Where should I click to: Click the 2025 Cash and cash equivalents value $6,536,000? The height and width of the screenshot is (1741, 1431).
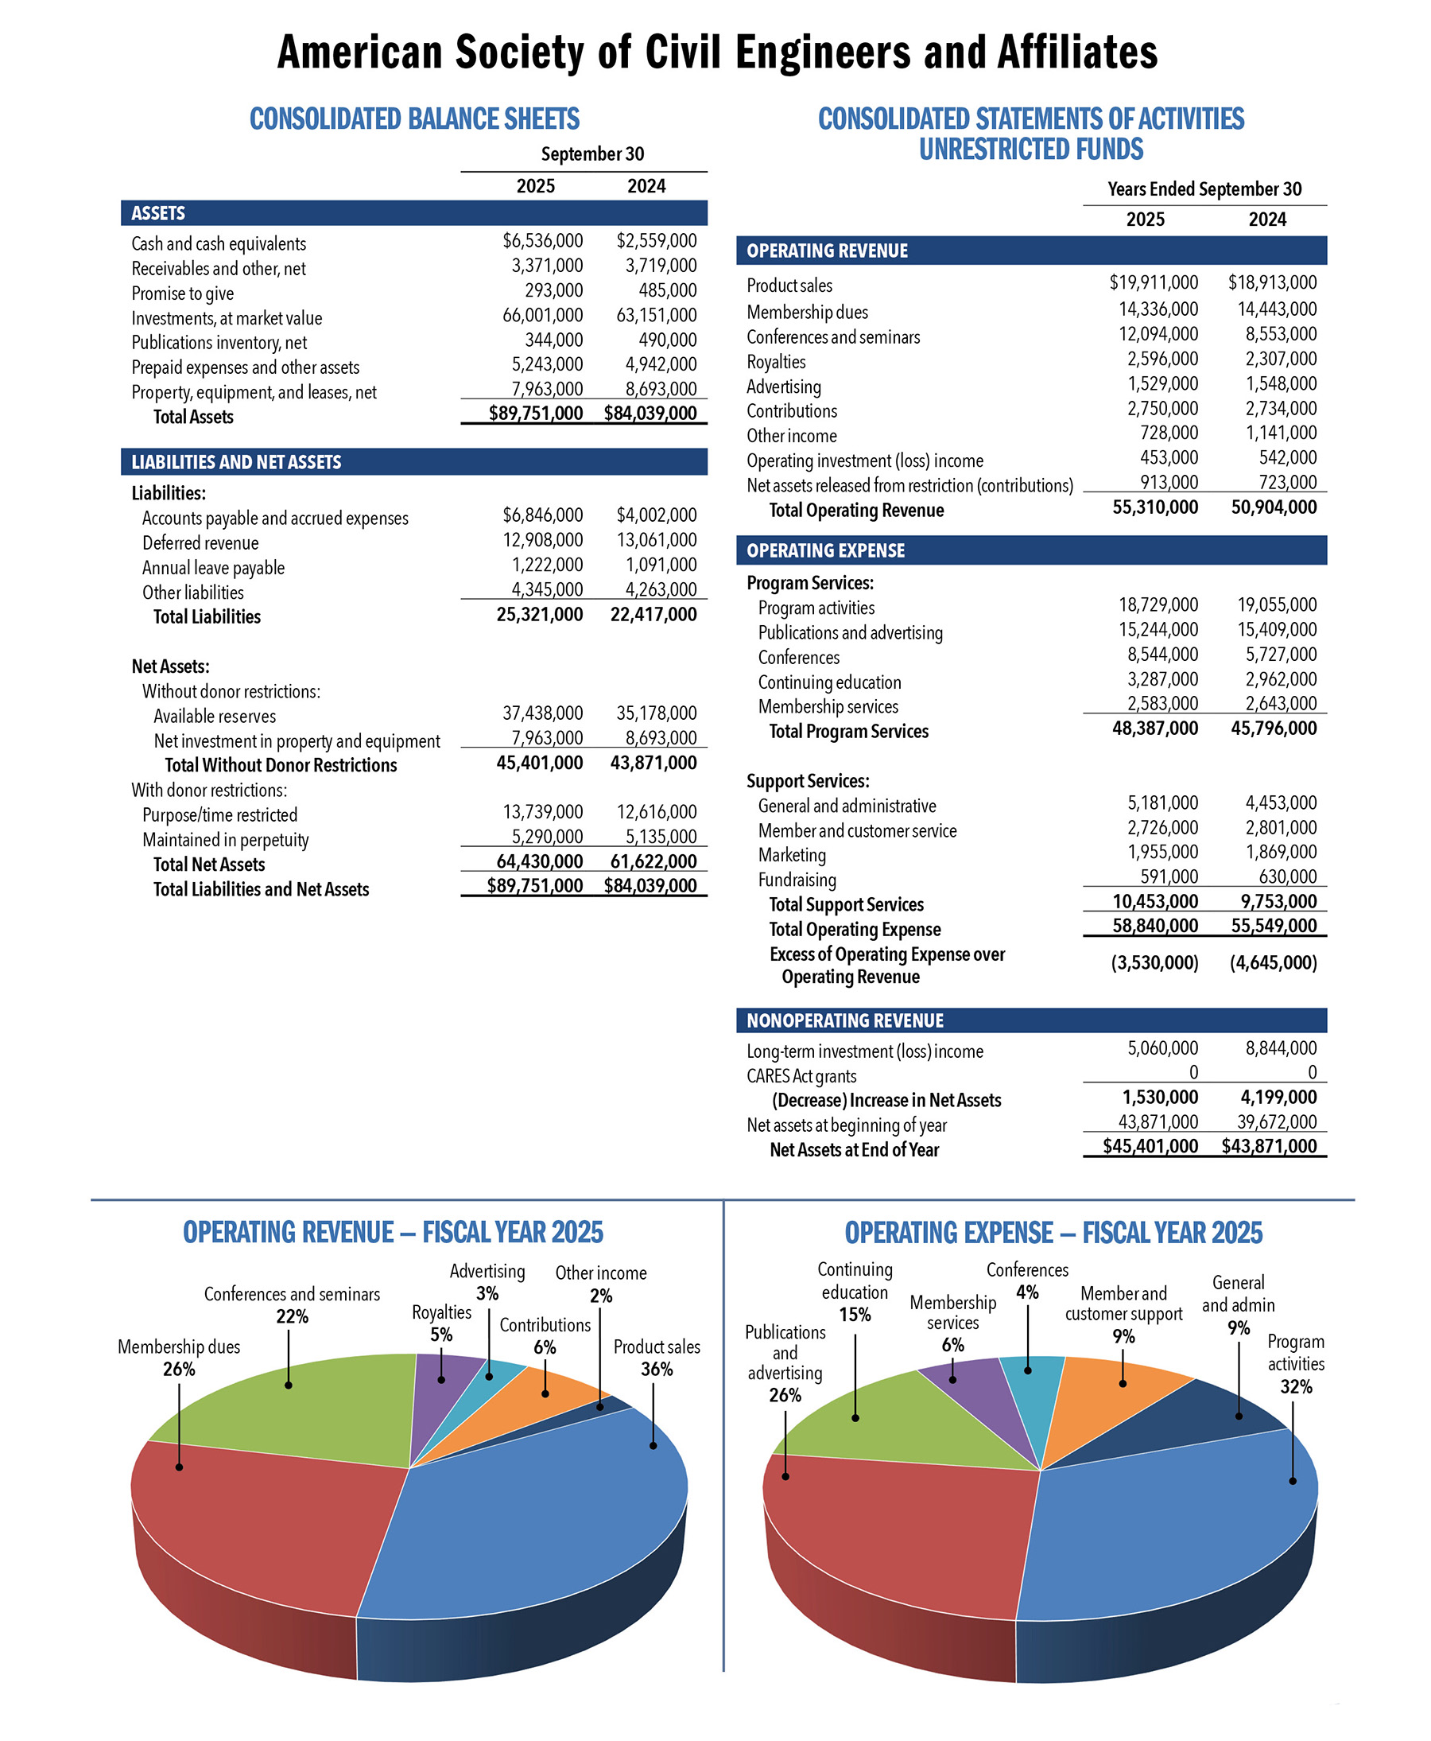pos(542,241)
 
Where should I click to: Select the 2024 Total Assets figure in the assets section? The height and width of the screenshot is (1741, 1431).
pos(650,414)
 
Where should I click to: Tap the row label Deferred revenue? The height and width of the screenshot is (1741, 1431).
pos(200,542)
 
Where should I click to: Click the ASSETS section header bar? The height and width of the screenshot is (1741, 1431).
pos(414,213)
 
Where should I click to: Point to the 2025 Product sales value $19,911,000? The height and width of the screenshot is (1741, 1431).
pos(1154,283)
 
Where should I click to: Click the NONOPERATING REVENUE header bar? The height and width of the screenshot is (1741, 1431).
pos(1031,1020)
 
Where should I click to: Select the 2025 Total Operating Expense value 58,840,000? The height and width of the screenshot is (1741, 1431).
pos(1155,925)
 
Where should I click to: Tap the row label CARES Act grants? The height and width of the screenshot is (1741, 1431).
pos(801,1076)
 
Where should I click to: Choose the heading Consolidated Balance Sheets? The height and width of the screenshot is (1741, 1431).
pos(415,119)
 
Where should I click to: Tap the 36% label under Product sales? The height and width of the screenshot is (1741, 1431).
pos(656,1369)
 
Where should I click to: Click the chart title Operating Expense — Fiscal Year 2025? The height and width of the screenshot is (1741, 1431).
pos(1053,1232)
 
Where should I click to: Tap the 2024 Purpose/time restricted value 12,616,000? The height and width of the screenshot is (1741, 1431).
pos(656,811)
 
